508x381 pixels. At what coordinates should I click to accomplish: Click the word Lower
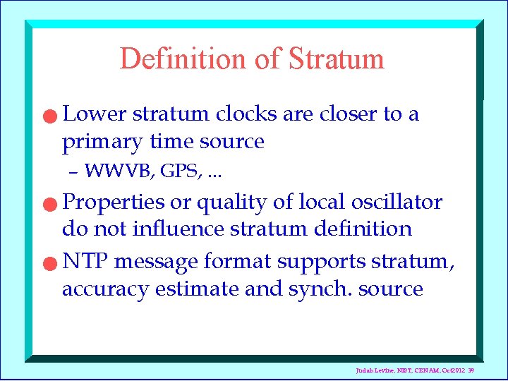tap(94, 114)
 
